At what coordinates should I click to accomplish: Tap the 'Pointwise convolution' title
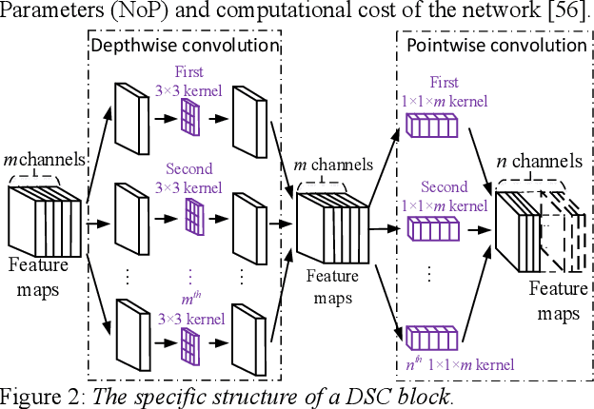[x=496, y=44]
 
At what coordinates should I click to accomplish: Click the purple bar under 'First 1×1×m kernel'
[x=433, y=124]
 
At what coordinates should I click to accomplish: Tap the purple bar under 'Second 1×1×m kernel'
[x=433, y=227]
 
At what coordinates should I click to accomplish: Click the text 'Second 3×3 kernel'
[x=189, y=178]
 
